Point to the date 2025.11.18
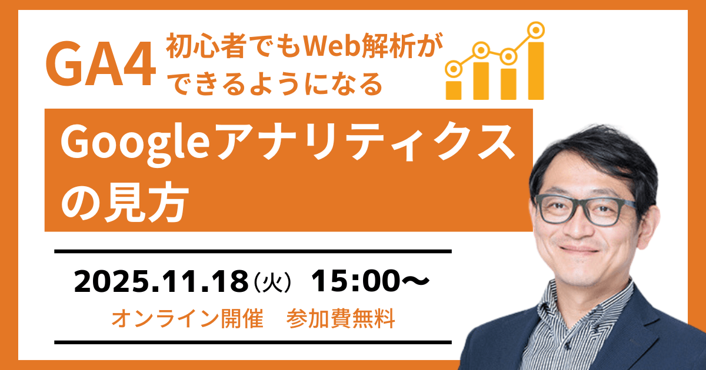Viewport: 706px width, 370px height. tap(159, 282)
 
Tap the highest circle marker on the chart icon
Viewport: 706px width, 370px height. tap(535, 29)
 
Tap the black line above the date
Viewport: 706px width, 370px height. tap(253, 251)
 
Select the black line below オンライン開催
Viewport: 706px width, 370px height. tap(253, 341)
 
